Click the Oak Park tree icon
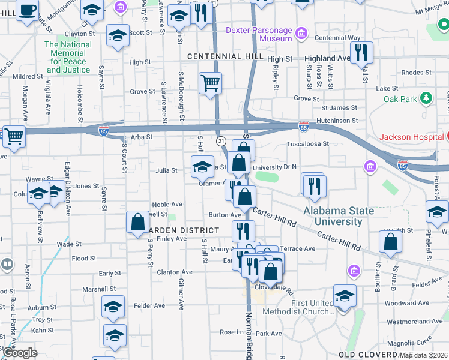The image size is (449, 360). (x=426, y=97)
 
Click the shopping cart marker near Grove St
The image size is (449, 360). (x=210, y=83)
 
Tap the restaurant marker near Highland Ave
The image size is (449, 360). (x=361, y=52)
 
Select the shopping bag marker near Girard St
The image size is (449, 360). (x=390, y=242)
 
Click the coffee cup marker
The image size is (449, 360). (x=27, y=10)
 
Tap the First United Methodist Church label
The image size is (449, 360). (x=313, y=307)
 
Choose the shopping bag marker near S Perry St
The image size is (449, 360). (x=137, y=222)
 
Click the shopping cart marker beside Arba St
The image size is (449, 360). (x=13, y=136)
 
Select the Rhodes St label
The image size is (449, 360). (x=412, y=73)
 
